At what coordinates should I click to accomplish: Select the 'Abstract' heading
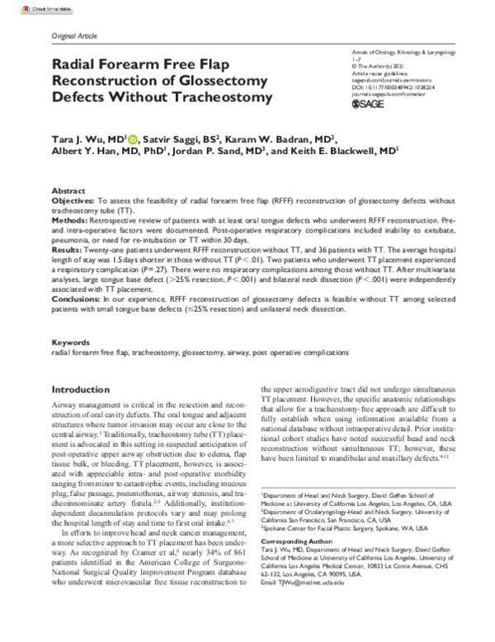click(x=68, y=190)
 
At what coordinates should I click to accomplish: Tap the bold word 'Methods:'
click(x=69, y=222)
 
